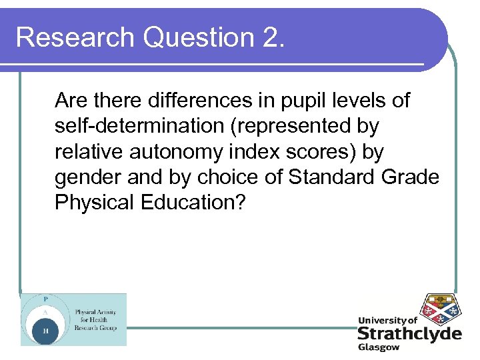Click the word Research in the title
click(73, 37)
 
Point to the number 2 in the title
click(269, 37)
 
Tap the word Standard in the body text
click(344, 177)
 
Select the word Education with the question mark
click(194, 203)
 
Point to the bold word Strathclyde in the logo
click(409, 334)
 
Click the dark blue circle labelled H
click(46, 329)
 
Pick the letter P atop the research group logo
click(45, 299)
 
